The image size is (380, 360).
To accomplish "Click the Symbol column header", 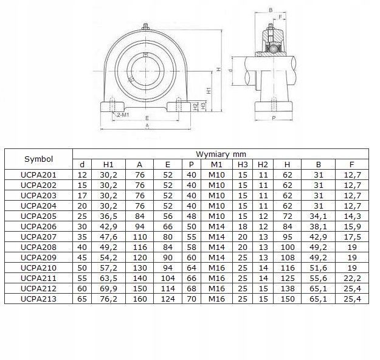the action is [38, 159].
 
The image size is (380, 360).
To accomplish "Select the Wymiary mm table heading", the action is [221, 154].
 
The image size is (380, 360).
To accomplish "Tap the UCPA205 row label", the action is [38, 216].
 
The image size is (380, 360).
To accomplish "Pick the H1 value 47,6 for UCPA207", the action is [109, 237].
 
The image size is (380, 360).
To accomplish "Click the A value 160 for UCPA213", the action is [140, 299].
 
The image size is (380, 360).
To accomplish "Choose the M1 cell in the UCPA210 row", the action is [216, 268].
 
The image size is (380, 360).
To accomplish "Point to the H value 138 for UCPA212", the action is [288, 288].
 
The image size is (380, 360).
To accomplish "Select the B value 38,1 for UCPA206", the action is [318, 226].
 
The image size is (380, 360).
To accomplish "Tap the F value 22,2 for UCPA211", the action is [352, 279].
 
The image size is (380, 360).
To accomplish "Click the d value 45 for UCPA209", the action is [82, 257].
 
